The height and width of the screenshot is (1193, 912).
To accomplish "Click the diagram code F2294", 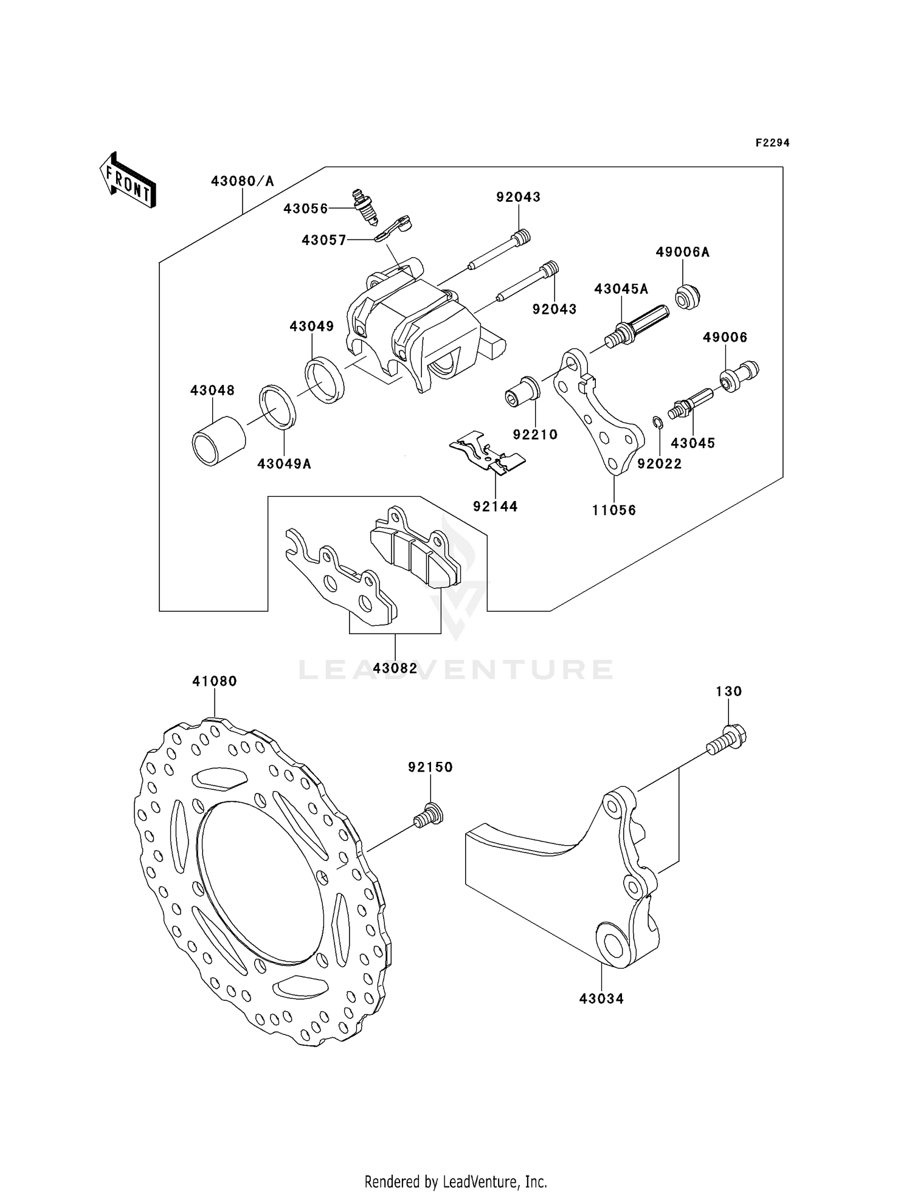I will click(772, 143).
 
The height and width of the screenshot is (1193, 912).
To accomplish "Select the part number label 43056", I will click(305, 209).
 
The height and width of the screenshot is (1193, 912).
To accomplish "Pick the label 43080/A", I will click(242, 181).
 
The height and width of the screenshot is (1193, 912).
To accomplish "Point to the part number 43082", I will click(395, 668).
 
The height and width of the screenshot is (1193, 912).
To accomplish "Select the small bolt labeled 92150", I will click(429, 815).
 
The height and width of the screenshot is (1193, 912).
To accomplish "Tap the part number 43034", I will click(601, 998).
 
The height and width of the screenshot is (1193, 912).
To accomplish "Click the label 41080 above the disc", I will click(214, 682).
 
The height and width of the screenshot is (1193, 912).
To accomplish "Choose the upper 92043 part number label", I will click(518, 197).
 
